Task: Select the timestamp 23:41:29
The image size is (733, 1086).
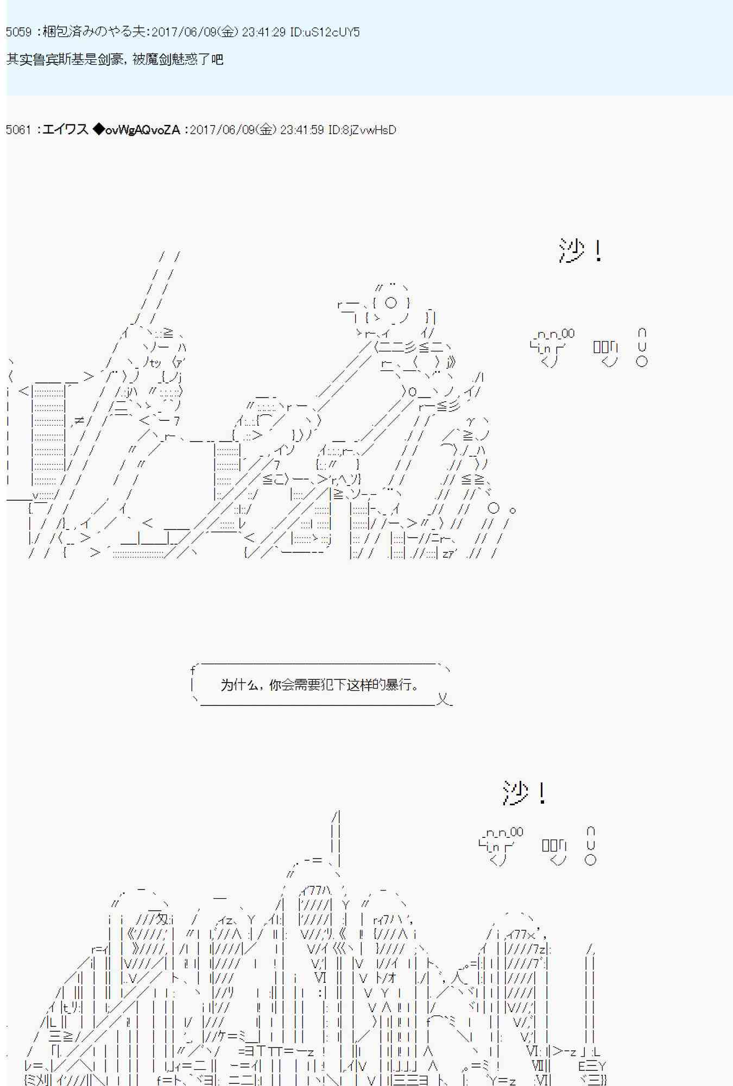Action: click(264, 32)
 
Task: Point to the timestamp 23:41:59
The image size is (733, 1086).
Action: click(302, 130)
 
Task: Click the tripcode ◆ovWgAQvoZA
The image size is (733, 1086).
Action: click(136, 130)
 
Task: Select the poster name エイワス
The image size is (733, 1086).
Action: click(65, 130)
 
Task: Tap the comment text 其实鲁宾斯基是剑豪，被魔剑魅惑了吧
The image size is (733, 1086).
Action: click(115, 59)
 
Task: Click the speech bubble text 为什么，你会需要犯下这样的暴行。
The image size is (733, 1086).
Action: click(321, 685)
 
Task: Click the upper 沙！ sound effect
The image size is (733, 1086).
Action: click(580, 251)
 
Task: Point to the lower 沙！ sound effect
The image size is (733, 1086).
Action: click(524, 793)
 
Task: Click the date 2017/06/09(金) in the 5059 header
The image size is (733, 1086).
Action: click(194, 32)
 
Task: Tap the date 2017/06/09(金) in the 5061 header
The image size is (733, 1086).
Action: click(233, 130)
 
